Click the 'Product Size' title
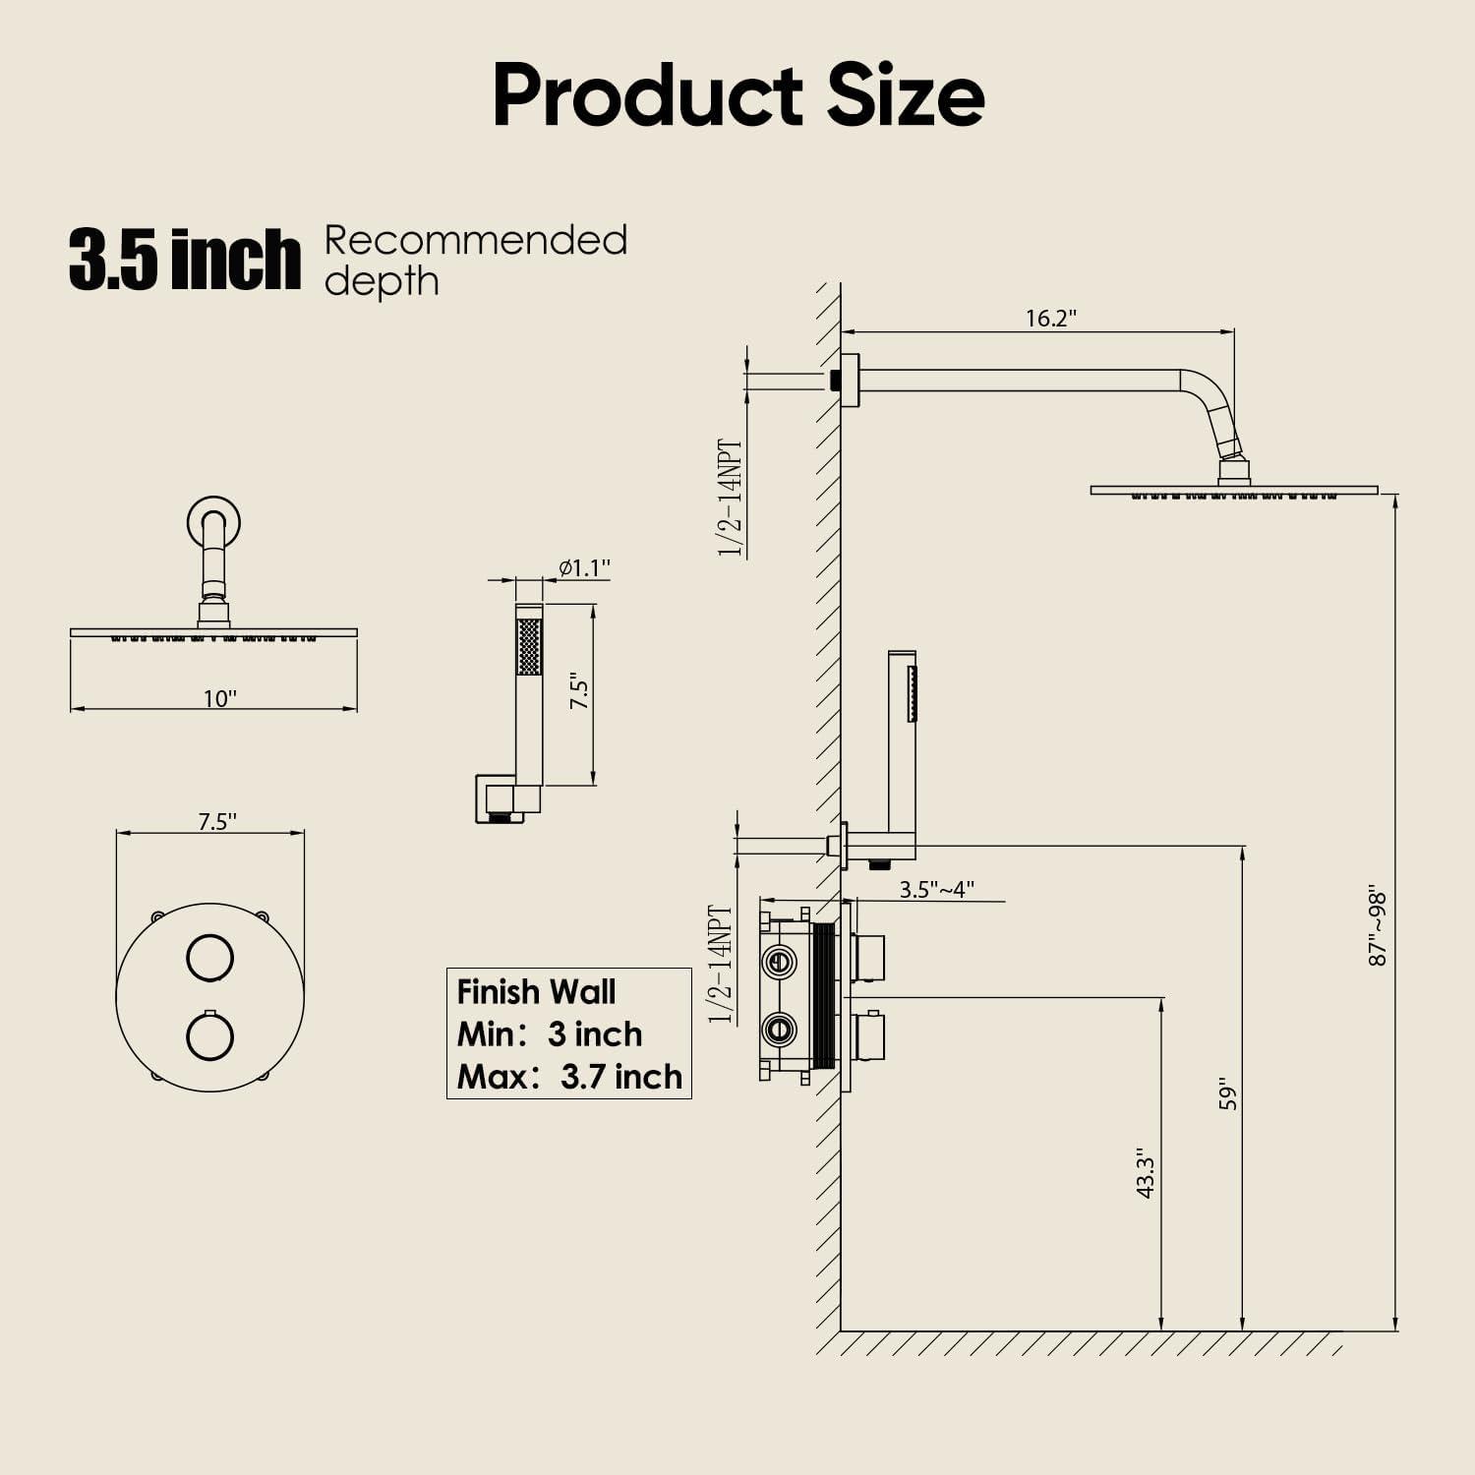pyautogui.click(x=737, y=95)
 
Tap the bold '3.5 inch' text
pyautogui.click(x=184, y=259)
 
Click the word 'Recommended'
pyautogui.click(x=476, y=241)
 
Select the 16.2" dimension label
pyautogui.click(x=1051, y=318)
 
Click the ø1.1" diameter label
pyautogui.click(x=584, y=567)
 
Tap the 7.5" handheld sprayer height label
pyautogui.click(x=580, y=692)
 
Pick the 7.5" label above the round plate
pyautogui.click(x=217, y=821)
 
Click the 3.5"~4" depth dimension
pyautogui.click(x=936, y=889)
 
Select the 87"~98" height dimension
pyautogui.click(x=1378, y=927)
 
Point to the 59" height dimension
pyautogui.click(x=1227, y=1096)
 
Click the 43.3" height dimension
pyautogui.click(x=1145, y=1172)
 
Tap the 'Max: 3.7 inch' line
pyautogui.click(x=569, y=1077)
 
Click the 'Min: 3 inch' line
pyautogui.click(x=550, y=1034)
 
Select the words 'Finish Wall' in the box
pyautogui.click(x=536, y=991)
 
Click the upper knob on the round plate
pyautogui.click(x=209, y=956)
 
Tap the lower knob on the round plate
pyautogui.click(x=209, y=1038)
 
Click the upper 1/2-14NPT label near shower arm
pyautogui.click(x=731, y=498)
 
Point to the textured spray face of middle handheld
pyautogui.click(x=529, y=646)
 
